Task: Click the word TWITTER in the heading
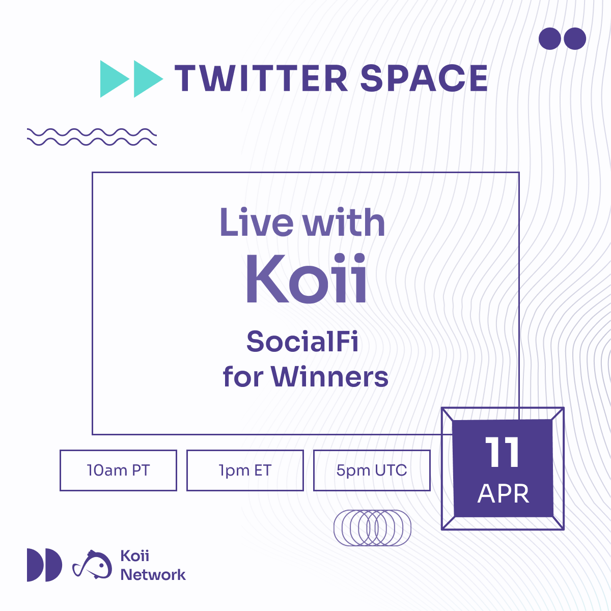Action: point(261,78)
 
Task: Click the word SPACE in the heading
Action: point(424,78)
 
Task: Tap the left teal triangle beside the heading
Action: point(115,78)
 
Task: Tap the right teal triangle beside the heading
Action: point(148,78)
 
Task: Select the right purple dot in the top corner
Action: point(575,39)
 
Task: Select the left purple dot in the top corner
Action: point(550,39)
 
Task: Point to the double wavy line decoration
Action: point(92,137)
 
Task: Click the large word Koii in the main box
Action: point(307,279)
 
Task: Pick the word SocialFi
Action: point(302,341)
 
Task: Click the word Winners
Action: point(329,376)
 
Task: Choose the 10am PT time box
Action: point(118,470)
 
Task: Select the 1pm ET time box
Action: point(245,470)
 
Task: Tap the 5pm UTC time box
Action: point(372,470)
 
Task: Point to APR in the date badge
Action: point(504,494)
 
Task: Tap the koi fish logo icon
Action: point(92,565)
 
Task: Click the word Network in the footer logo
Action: point(153,575)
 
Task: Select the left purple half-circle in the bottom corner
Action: point(35,565)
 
